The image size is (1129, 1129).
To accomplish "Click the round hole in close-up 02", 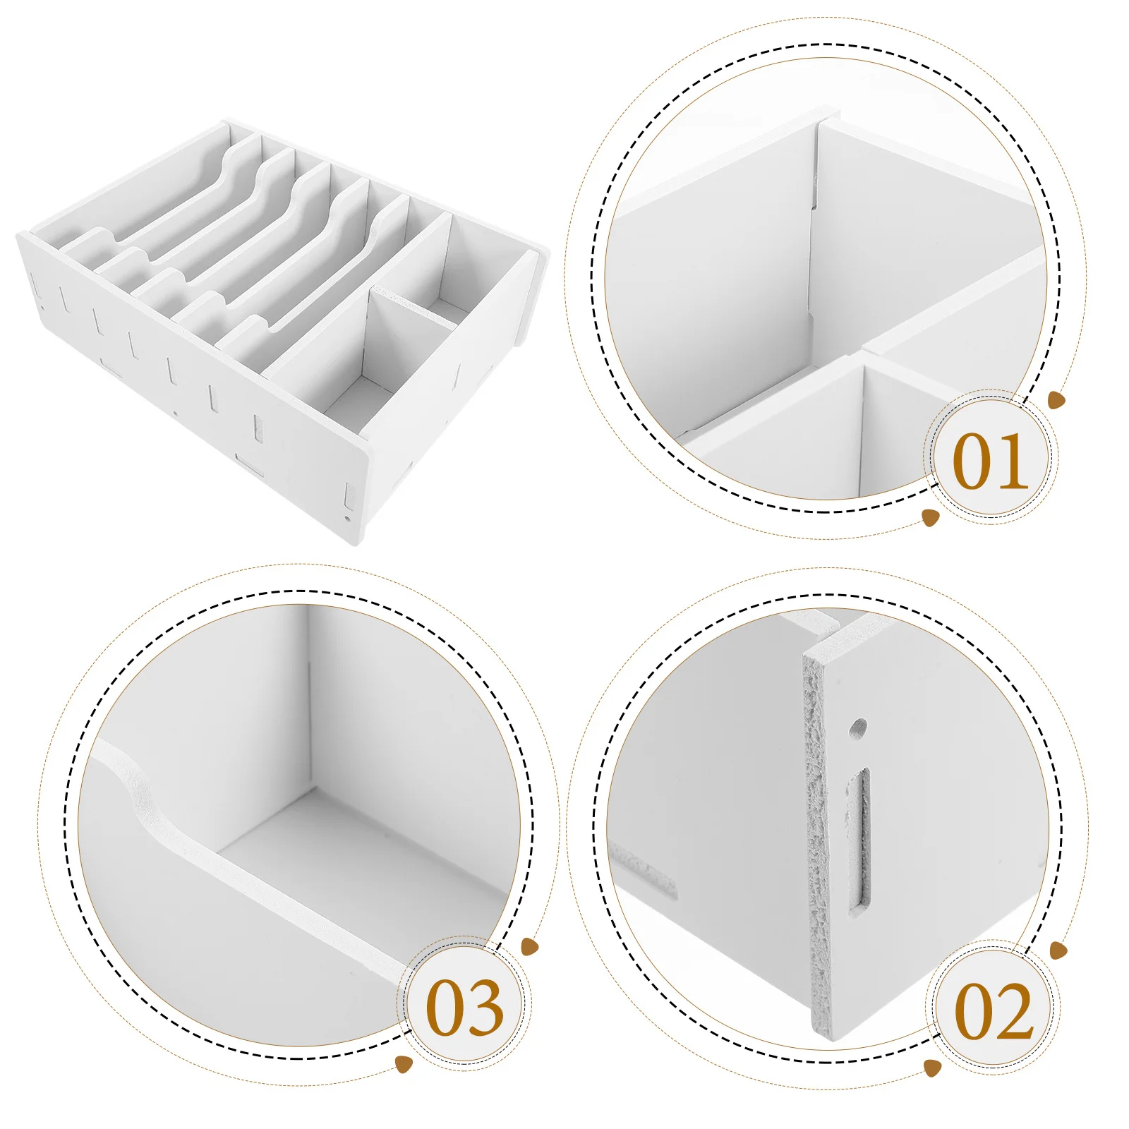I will (x=858, y=727).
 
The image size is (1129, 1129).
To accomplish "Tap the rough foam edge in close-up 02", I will (x=818, y=847).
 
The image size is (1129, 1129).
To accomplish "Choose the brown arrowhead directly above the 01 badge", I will (x=1056, y=401).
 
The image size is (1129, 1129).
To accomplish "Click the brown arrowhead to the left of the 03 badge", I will (x=404, y=1063).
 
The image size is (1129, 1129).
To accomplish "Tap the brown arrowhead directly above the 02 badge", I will (x=1058, y=950).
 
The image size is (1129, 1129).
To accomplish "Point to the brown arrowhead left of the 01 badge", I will (x=931, y=518).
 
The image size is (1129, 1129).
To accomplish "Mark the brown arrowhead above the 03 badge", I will (x=530, y=946).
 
